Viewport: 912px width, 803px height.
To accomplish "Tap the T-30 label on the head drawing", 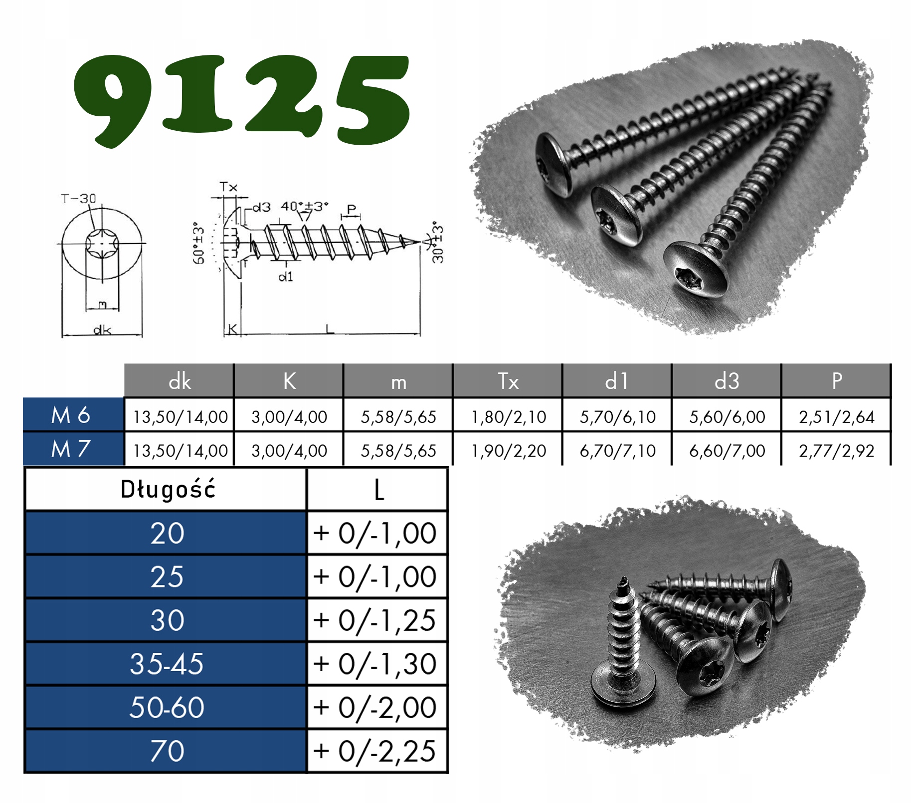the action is point(78,199).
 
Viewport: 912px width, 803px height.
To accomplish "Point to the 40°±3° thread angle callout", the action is point(304,206).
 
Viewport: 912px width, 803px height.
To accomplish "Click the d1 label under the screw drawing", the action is point(286,276).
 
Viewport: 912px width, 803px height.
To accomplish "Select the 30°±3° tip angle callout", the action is point(437,242).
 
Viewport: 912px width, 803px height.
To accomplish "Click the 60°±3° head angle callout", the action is point(198,243).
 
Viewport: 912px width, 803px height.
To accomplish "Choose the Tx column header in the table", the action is point(508,381).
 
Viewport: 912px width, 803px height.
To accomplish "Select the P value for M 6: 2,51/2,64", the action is point(836,417).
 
